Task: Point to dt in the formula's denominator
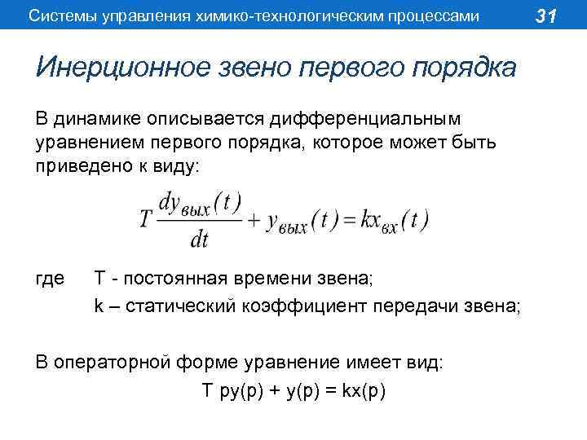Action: tap(199, 240)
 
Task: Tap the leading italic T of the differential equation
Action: tap(145, 220)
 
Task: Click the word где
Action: tap(51, 279)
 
